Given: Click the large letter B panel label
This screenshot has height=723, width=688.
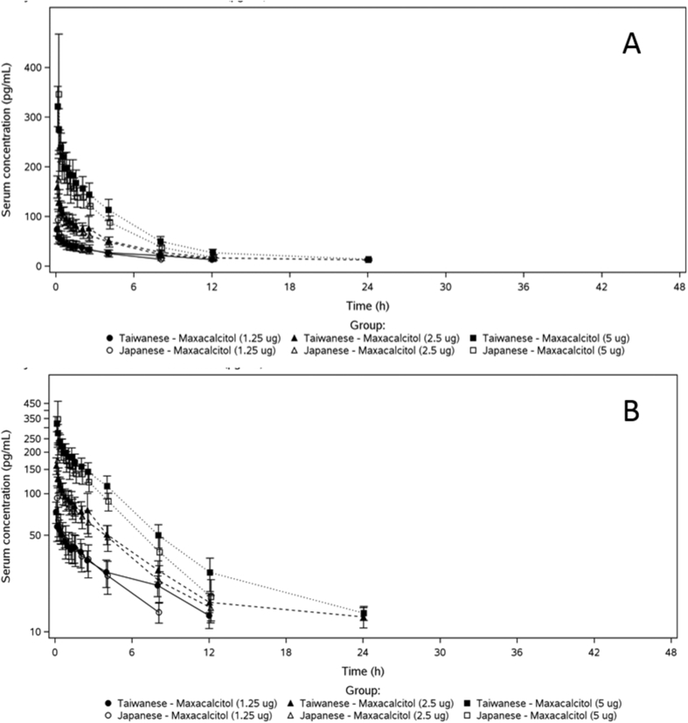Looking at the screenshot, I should coord(631,410).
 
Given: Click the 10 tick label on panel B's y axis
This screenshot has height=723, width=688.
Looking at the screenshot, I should coord(38,631).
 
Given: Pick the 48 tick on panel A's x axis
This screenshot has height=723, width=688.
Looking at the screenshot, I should coord(671,286).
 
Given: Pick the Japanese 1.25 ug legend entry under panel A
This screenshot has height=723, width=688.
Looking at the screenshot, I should coord(174,350).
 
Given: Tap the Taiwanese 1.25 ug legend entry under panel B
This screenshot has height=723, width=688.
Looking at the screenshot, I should coord(174,703).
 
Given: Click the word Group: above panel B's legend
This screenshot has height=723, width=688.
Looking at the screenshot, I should coord(361,688).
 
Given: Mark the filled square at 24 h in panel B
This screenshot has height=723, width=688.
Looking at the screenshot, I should coord(364,614).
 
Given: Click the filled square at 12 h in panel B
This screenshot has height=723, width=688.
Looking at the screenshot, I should coord(210,573).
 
